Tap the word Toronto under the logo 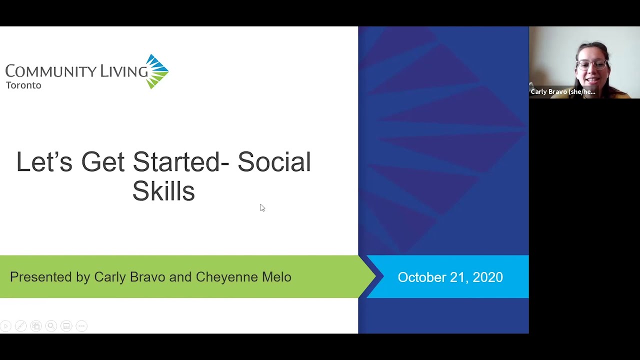pos(23,85)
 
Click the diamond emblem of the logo pos(157,71)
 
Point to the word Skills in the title pos(163,191)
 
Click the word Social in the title pos(274,162)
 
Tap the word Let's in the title pos(44,162)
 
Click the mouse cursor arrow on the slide pos(262,207)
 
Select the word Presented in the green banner pos(41,277)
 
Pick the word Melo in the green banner pos(276,277)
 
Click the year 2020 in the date pos(487,277)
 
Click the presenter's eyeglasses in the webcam pos(592,64)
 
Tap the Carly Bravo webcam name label pos(563,92)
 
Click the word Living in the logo pos(124,71)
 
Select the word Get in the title pos(103,162)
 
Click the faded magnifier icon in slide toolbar pos(51,326)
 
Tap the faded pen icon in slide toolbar pos(20,326)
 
